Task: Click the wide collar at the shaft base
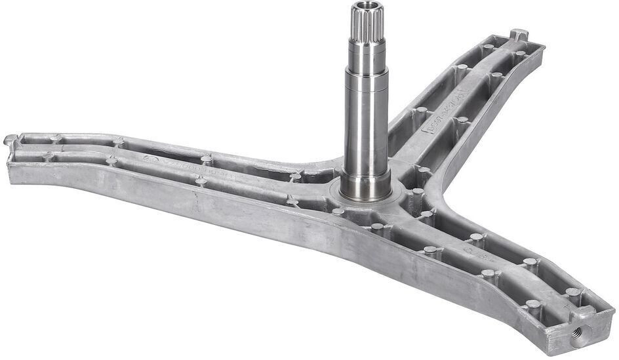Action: point(366,187)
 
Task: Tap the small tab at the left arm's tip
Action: point(10,140)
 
